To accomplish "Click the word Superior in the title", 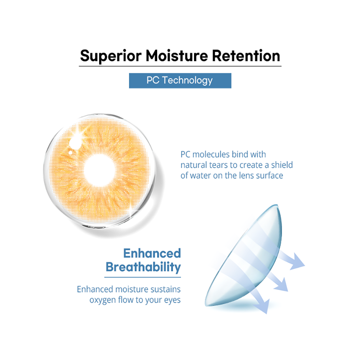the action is (111, 56).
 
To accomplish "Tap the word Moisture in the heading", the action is (176, 56).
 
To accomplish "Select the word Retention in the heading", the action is (246, 56).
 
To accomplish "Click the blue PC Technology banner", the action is (180, 81).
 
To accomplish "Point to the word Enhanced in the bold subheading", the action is (152, 253).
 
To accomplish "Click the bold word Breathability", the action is (143, 267).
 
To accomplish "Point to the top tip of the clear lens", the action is (277, 205).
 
